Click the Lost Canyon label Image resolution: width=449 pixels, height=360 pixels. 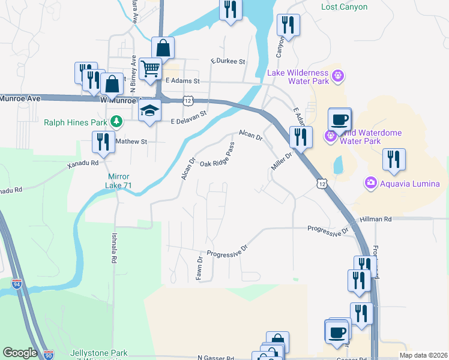tap(344, 7)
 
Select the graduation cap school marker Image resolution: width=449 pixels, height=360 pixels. tap(148, 110)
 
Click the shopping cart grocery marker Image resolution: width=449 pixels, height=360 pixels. tap(149, 68)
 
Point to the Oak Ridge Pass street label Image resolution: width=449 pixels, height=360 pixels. tap(216, 155)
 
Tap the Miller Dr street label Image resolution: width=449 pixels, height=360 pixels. tap(281, 161)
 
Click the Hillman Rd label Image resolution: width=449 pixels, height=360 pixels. tap(376, 220)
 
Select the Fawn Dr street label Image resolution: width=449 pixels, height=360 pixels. tap(199, 268)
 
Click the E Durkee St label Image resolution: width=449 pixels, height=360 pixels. tap(228, 62)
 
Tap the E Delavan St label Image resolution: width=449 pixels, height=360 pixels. tap(188, 118)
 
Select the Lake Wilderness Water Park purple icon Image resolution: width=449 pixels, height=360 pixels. tap(338, 76)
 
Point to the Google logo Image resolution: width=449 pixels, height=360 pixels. tap(20, 353)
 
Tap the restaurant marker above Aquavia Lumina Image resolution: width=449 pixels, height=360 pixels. tap(394, 160)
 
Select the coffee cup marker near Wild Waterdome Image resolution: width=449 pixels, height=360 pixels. tap(340, 119)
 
